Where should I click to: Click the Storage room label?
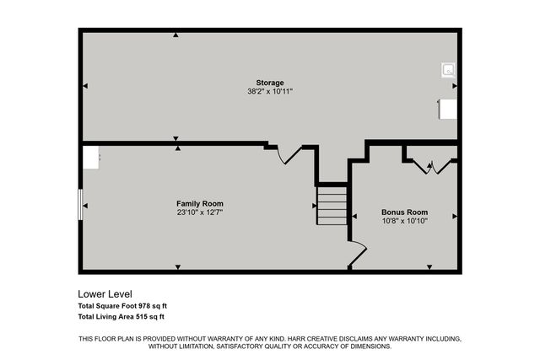270,83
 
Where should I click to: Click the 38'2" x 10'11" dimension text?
270,91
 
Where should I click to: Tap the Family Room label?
199,204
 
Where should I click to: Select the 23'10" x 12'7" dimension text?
199,212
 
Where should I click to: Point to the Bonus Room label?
404,212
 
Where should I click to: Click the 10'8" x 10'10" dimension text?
404,221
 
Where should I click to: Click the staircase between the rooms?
332,205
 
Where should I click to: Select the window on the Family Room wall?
80,205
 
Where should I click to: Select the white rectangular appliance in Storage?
447,110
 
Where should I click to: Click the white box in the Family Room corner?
90,157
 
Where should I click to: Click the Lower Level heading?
105,293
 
